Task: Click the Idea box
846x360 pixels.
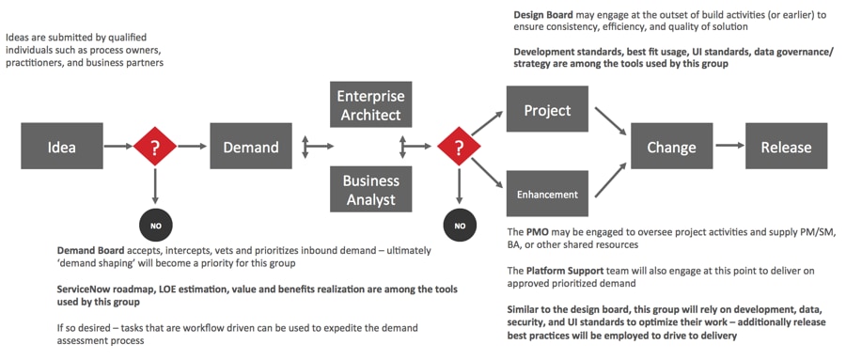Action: [x=62, y=146]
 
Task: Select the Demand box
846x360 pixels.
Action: [x=251, y=146]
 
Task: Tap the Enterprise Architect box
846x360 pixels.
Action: [x=370, y=104]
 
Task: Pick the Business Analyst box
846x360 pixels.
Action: [x=370, y=189]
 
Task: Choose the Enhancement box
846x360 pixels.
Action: [x=547, y=193]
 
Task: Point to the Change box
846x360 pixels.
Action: [x=672, y=146]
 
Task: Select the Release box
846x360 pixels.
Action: [x=786, y=146]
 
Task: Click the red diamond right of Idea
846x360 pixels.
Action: [x=155, y=146]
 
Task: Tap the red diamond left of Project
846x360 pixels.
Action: [x=459, y=146]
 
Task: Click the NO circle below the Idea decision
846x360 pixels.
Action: [x=155, y=225]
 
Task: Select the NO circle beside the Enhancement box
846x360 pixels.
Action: [x=459, y=226]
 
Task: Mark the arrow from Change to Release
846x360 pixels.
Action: [x=728, y=146]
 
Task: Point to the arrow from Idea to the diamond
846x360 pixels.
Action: [x=118, y=146]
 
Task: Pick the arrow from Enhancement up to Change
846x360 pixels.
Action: [x=611, y=179]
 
